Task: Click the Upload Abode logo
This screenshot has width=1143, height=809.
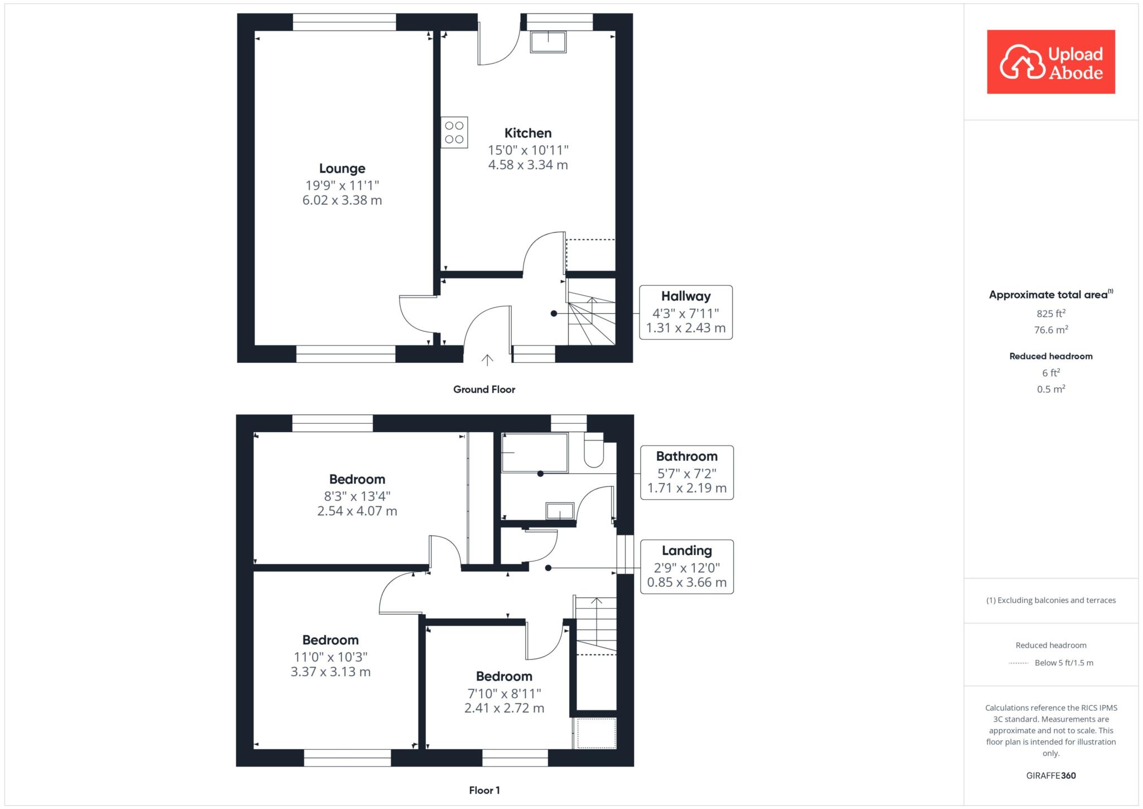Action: click(1051, 62)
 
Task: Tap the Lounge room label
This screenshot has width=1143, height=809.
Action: click(342, 169)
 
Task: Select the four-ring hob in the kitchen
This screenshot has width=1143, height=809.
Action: click(454, 132)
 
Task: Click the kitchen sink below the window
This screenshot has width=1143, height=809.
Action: click(548, 42)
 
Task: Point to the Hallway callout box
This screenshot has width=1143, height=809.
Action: click(686, 312)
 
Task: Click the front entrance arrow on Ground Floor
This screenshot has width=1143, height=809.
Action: click(487, 360)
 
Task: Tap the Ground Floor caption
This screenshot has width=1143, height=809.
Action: click(484, 390)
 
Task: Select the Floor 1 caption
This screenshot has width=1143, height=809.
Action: click(484, 790)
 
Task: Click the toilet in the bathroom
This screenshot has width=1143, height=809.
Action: click(594, 451)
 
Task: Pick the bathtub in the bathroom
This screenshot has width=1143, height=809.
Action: click(535, 453)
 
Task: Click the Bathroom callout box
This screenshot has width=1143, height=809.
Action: click(687, 472)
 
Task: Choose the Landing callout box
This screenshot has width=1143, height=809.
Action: click(687, 567)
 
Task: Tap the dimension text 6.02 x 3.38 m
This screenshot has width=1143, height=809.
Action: click(342, 200)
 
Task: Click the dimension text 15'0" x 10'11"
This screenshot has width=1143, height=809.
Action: click(528, 150)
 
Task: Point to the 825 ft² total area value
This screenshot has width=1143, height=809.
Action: click(1051, 314)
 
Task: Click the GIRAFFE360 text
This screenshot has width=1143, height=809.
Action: click(1051, 776)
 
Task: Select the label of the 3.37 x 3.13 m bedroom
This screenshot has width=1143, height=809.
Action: click(330, 640)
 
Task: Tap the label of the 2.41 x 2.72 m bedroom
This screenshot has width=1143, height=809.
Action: click(504, 677)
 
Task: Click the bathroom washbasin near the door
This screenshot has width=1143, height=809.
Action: click(560, 511)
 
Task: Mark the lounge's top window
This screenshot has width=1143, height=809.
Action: click(344, 22)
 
